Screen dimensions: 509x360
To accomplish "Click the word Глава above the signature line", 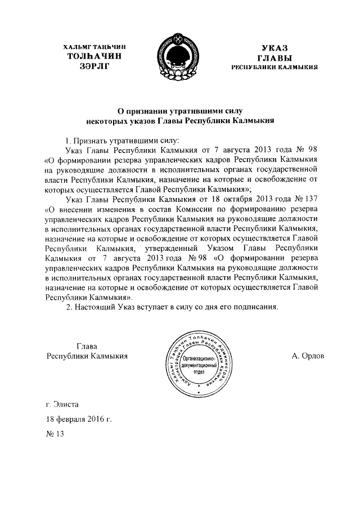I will tap(87, 345).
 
